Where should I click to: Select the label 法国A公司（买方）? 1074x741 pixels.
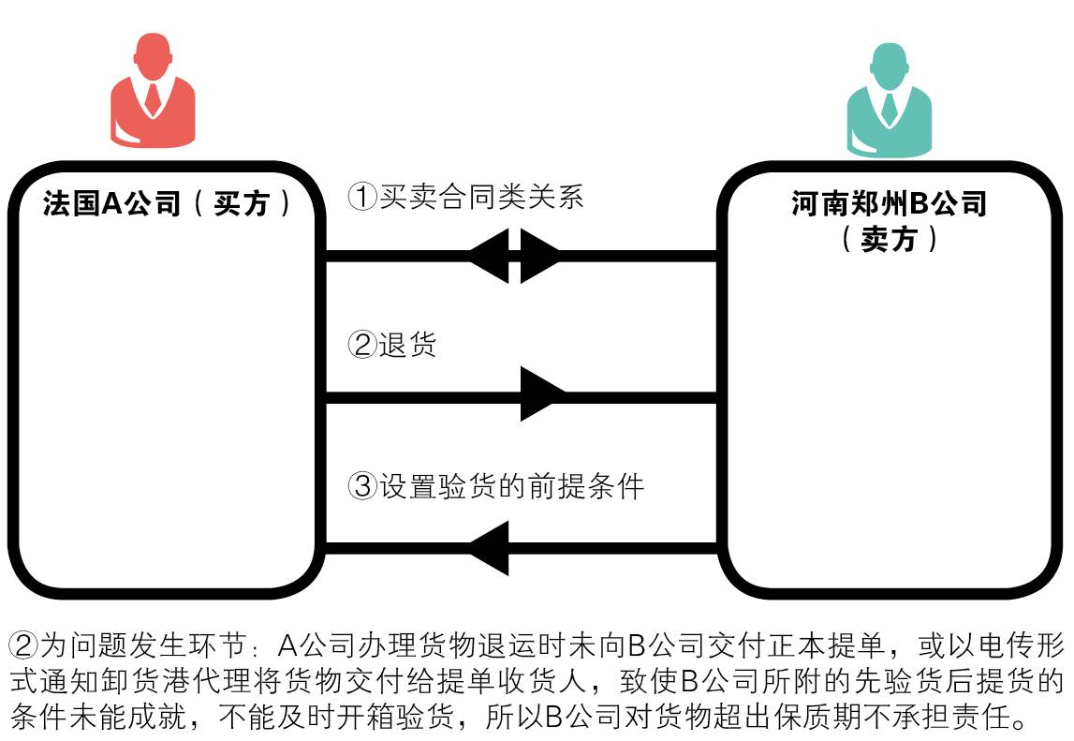[x=168, y=204]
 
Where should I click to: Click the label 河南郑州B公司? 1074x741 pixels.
[x=889, y=203]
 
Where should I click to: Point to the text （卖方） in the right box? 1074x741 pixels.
[x=889, y=239]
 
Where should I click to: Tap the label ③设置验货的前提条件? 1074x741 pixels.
[x=495, y=486]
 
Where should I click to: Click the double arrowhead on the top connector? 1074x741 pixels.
[x=514, y=255]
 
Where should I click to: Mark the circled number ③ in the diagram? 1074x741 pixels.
[x=361, y=486]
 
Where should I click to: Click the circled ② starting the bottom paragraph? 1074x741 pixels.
[x=23, y=646]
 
